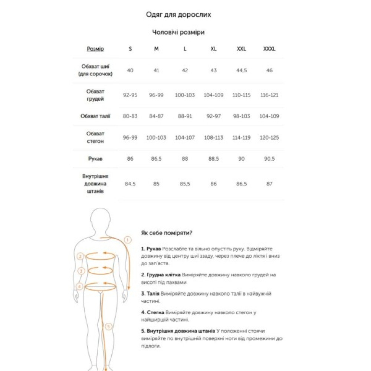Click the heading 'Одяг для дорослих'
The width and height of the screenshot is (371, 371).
[178, 15]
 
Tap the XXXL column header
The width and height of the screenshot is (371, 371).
[269, 49]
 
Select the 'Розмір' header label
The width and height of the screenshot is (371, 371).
[95, 49]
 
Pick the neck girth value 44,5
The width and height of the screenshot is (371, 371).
[242, 70]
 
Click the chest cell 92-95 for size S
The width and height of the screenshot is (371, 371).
[130, 95]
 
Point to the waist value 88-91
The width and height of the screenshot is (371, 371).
[185, 116]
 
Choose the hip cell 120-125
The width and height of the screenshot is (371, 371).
[269, 138]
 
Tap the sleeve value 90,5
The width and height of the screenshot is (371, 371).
[269, 159]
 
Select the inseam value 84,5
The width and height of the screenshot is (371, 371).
[130, 184]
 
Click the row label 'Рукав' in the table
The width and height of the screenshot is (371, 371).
[95, 159]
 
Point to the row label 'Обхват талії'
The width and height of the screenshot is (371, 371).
[95, 116]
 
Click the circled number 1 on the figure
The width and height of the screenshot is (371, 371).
[128, 240]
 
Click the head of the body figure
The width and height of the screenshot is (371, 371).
[101, 220]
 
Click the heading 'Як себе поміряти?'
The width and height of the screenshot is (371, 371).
[167, 233]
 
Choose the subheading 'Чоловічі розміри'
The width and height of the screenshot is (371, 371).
[178, 32]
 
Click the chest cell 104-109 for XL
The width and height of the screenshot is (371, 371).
[214, 95]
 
